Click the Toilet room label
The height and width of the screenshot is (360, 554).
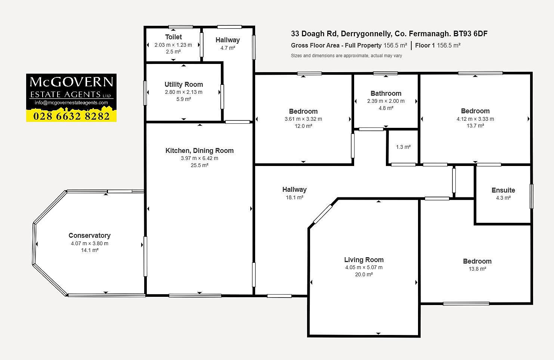(x=173, y=37)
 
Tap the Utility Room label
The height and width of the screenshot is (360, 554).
(x=184, y=84)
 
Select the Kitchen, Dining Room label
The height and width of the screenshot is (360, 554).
(x=199, y=151)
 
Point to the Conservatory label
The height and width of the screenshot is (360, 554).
(x=90, y=236)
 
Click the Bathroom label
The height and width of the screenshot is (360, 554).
(x=386, y=93)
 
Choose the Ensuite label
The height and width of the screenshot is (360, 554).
(x=503, y=190)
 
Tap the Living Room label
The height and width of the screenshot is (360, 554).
(x=364, y=260)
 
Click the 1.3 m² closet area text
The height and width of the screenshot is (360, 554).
(x=403, y=147)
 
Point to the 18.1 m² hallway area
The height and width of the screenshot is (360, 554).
(x=294, y=197)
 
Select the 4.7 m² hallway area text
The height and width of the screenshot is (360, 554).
(x=228, y=48)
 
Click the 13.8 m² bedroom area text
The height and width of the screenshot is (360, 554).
(x=477, y=269)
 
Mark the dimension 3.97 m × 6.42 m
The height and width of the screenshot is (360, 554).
(x=199, y=159)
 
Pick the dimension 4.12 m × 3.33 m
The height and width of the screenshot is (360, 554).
(x=475, y=119)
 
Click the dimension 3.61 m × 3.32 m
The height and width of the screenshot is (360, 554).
(x=303, y=119)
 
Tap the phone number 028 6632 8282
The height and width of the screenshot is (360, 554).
(x=71, y=116)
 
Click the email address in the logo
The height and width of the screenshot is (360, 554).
(x=71, y=103)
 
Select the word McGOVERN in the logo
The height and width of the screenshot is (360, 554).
(x=71, y=82)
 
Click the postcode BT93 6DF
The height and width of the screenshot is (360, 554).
(x=470, y=34)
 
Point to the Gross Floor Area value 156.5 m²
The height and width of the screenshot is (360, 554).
(x=395, y=46)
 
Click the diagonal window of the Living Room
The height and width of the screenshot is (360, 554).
(x=323, y=214)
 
